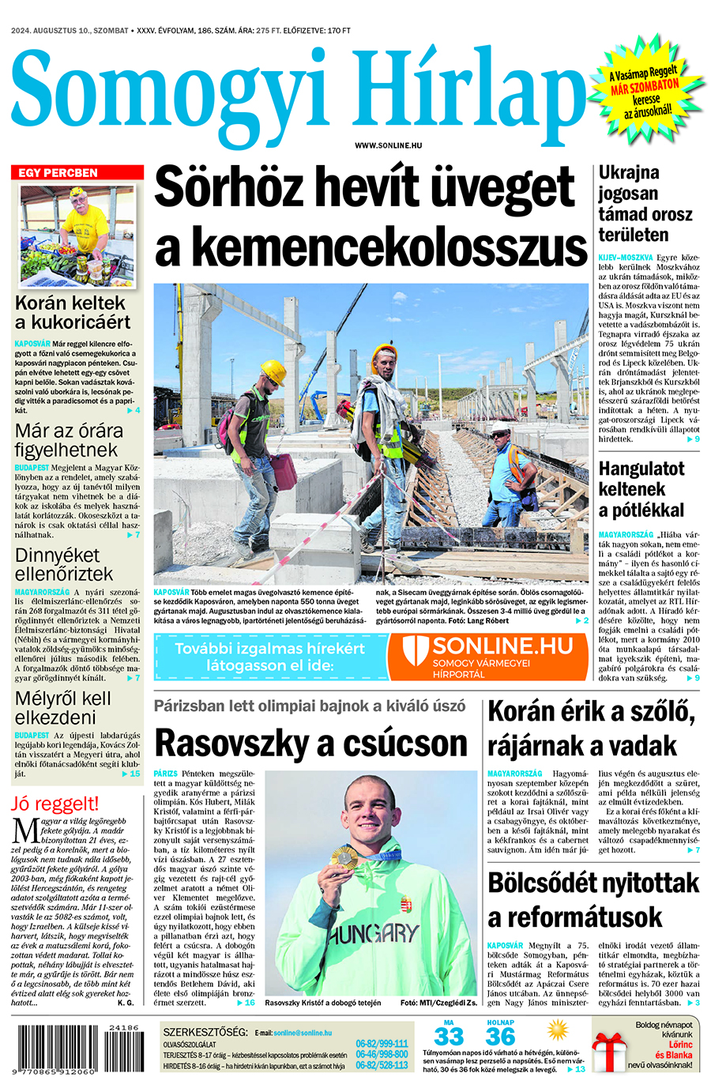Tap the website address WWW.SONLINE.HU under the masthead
coord(388,145)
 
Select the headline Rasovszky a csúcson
coord(311,744)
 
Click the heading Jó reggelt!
coord(55,804)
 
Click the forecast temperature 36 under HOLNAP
coord(500,1037)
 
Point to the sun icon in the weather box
coord(558,1030)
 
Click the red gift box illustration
coord(609,1052)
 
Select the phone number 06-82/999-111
coord(382,1044)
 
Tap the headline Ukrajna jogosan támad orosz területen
coord(645,203)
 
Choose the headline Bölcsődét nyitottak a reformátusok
coord(592,900)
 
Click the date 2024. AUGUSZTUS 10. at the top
coord(58,31)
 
